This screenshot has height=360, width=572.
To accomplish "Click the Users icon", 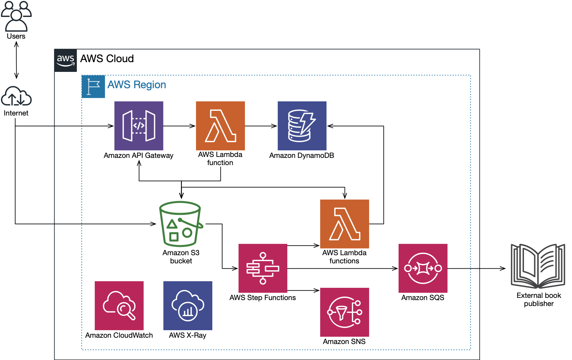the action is pyautogui.click(x=16, y=16).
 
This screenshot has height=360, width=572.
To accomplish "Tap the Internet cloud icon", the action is pyautogui.click(x=16, y=96).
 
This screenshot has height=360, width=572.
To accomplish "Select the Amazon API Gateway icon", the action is pyautogui.click(x=139, y=126).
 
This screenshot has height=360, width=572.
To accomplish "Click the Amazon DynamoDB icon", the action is pyautogui.click(x=302, y=126).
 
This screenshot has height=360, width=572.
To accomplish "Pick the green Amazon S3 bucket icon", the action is pyautogui.click(x=181, y=224).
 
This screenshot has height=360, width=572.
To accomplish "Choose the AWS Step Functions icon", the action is pyautogui.click(x=263, y=268).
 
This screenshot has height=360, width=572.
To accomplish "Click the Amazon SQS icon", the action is pyautogui.click(x=423, y=268).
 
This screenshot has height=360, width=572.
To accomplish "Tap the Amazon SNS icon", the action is pyautogui.click(x=344, y=312).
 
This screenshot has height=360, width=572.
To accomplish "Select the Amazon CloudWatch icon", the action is pyautogui.click(x=119, y=306).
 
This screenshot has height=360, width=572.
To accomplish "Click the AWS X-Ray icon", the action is pyautogui.click(x=188, y=306).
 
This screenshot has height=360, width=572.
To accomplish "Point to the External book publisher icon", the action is pyautogui.click(x=538, y=266).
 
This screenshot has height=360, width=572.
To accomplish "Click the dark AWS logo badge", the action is pyautogui.click(x=66, y=60).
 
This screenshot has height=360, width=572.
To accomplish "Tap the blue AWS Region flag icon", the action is pyautogui.click(x=93, y=87).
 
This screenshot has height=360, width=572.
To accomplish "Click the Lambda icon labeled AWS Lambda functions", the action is pyautogui.click(x=344, y=224).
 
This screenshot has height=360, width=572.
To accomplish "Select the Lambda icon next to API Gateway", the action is pyautogui.click(x=220, y=126).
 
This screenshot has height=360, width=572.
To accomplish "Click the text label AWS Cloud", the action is pyautogui.click(x=107, y=59).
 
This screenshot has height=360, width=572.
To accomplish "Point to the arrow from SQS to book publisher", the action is pyautogui.click(x=477, y=268).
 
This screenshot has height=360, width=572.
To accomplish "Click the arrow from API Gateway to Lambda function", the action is pyautogui.click(x=179, y=126).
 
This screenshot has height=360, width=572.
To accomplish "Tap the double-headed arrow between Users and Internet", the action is pyautogui.click(x=16, y=60).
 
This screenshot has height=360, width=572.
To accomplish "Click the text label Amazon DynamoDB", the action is pyautogui.click(x=302, y=155).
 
